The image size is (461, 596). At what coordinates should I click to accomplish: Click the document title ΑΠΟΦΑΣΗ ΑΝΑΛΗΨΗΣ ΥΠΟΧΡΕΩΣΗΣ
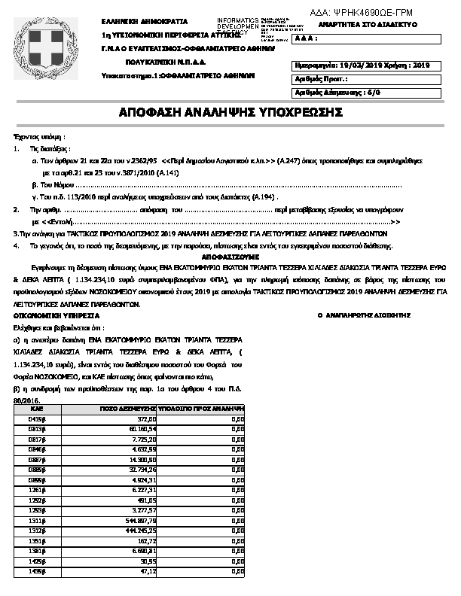click(x=230, y=112)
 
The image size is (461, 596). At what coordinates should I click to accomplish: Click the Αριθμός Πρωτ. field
click(x=322, y=79)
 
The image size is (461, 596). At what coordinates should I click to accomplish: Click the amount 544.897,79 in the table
click(x=140, y=520)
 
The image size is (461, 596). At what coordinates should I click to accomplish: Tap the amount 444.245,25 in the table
click(x=140, y=530)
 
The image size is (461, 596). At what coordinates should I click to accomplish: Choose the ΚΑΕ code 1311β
click(x=35, y=520)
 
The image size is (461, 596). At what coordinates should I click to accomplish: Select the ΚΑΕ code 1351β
click(x=35, y=540)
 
